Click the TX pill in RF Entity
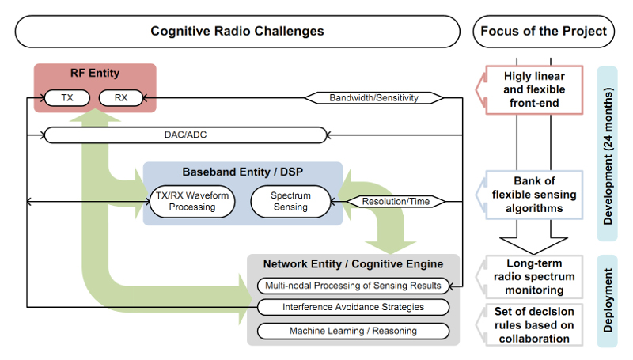pyautogui.click(x=67, y=97)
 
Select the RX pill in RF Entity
pyautogui.click(x=121, y=97)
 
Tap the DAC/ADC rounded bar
pyautogui.click(x=185, y=135)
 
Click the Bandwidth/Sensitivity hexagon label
pyautogui.click(x=373, y=97)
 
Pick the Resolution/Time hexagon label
pyautogui.click(x=396, y=202)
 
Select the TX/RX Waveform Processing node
pyautogui.click(x=192, y=202)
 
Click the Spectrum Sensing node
pyautogui.click(x=290, y=202)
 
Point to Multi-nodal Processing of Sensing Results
pyautogui.click(x=353, y=286)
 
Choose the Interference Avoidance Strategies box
pyautogui.click(x=353, y=307)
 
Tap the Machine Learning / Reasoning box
pyautogui.click(x=353, y=331)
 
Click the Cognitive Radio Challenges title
pyautogui.click(x=237, y=32)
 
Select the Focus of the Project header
pyautogui.click(x=544, y=32)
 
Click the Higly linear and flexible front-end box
pyautogui.click(x=534, y=89)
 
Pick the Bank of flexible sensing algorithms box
pyautogui.click(x=534, y=195)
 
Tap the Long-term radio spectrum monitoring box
pyautogui.click(x=534, y=276)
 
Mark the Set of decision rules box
pyautogui.click(x=534, y=325)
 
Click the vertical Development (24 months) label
pyautogui.click(x=608, y=156)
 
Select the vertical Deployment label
pyautogui.click(x=608, y=301)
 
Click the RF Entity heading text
pyautogui.click(x=95, y=73)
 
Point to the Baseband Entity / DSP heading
pyautogui.click(x=243, y=172)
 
